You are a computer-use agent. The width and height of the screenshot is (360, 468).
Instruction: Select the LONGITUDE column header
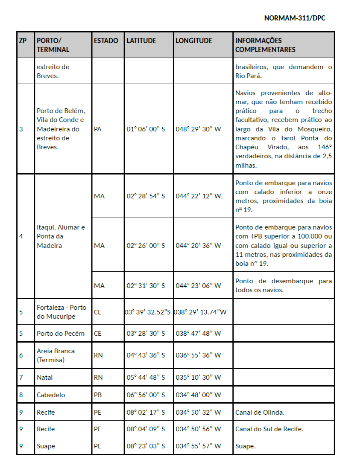coord(194,41)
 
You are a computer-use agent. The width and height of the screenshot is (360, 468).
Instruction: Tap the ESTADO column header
coord(106,41)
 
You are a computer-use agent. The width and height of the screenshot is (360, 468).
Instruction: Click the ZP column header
coord(23,41)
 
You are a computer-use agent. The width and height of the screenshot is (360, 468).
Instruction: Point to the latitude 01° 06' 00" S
coord(146,129)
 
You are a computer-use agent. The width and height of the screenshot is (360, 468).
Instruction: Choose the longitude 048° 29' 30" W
coord(198,129)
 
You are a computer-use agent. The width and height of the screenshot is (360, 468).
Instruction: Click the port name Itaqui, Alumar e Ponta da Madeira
coord(61,236)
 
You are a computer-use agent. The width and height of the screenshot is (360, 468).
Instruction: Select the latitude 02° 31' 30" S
coord(146,285)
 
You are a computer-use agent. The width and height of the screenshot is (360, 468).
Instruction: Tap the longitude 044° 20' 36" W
coord(198,245)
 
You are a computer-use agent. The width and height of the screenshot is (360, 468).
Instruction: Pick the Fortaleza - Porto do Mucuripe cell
coord(61,312)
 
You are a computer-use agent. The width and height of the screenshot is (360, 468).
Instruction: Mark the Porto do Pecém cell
coord(61,333)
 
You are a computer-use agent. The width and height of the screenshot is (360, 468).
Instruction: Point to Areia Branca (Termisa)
coord(56,355)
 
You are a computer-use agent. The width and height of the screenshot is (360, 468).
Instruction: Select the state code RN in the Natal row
coord(98,378)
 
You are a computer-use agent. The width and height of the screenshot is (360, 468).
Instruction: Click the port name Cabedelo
coord(51,395)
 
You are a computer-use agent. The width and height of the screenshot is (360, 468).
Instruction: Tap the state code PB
coord(98,395)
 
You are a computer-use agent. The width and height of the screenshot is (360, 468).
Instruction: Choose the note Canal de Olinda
coord(260,413)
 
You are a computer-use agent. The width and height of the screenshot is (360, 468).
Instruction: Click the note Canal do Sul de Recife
coord(269,429)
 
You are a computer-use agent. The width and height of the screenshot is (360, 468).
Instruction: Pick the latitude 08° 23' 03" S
coord(146,446)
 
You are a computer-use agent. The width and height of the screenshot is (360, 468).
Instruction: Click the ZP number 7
coord(21,378)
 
